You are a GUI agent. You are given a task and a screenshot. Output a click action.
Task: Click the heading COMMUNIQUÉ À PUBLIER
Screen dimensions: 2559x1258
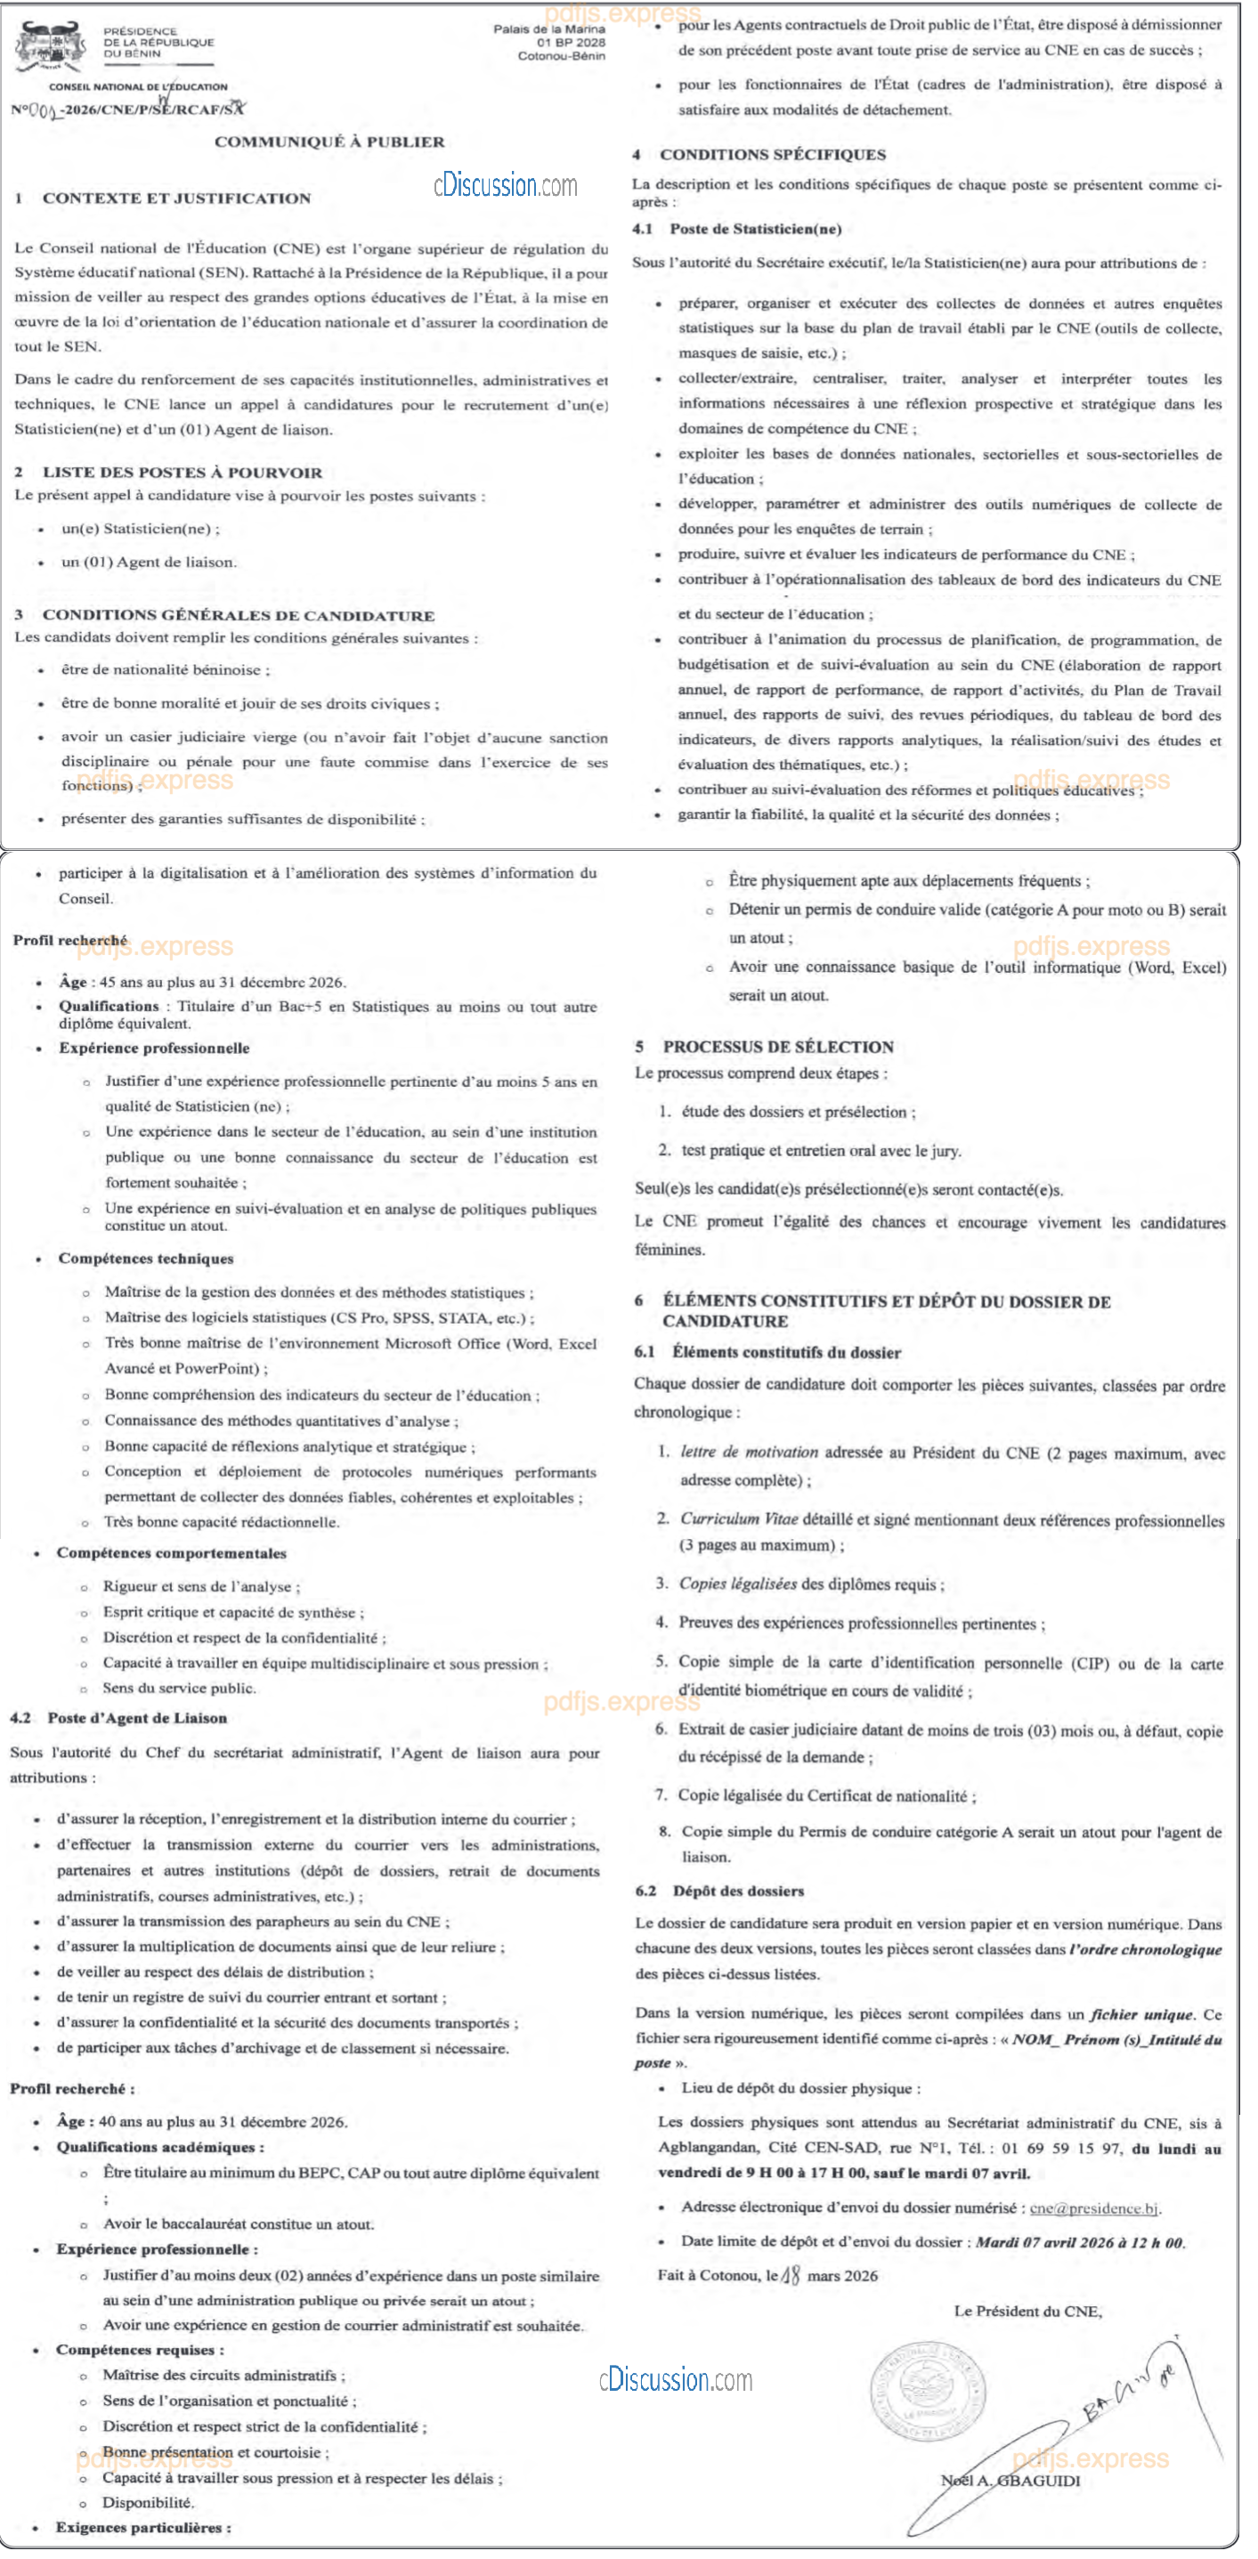coord(329,142)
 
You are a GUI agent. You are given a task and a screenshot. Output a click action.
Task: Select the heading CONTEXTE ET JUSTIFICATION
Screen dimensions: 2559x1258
coord(176,198)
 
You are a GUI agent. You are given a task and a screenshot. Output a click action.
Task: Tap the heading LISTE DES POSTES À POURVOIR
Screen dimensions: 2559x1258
coord(182,473)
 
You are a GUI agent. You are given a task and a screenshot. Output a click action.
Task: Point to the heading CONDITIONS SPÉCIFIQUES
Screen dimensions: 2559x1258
coord(772,155)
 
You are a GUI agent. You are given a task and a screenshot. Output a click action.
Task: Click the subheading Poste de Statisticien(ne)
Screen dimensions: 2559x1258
coord(755,230)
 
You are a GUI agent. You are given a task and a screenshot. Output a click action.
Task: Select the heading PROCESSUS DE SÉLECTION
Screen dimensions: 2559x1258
coord(778,1046)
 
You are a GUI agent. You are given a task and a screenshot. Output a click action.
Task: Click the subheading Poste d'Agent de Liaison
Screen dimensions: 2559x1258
coord(137,1718)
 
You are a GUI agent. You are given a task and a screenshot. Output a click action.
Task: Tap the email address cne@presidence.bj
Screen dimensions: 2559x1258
coord(1094,2208)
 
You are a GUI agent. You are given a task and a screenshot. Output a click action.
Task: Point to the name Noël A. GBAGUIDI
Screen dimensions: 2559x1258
coord(1010,2480)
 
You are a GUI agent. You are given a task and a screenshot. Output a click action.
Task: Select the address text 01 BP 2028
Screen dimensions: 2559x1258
coord(571,43)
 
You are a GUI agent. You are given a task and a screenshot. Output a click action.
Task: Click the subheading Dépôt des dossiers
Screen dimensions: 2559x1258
coord(738,1891)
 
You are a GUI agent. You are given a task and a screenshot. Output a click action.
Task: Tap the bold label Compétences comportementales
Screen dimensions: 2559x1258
coord(171,1552)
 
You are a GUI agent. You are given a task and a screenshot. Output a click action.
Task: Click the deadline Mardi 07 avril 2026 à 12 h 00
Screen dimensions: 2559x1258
coord(1080,2242)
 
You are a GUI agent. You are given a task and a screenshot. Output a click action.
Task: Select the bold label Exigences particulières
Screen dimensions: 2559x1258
coord(143,2527)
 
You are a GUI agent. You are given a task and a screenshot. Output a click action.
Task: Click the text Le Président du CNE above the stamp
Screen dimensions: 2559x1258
coord(1027,2312)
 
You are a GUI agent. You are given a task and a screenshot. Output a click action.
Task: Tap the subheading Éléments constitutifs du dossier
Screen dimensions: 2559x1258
coord(786,1352)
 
